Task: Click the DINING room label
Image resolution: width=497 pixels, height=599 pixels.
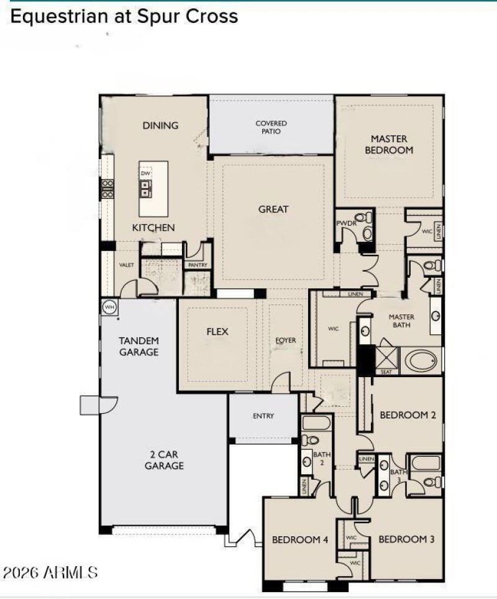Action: pyautogui.click(x=160, y=126)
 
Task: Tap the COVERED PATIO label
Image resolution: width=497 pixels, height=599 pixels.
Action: pyautogui.click(x=271, y=127)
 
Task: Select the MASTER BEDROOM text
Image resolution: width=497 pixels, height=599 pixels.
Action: pyautogui.click(x=389, y=144)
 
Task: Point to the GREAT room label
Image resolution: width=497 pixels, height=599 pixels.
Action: pyautogui.click(x=273, y=209)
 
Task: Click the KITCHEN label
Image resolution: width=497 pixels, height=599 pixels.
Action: pyautogui.click(x=153, y=228)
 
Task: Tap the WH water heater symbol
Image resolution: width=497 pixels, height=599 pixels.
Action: pyautogui.click(x=109, y=307)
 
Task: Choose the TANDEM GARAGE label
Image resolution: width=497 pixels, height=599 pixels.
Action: pyautogui.click(x=139, y=346)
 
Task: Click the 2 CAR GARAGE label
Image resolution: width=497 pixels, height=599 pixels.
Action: pyautogui.click(x=164, y=459)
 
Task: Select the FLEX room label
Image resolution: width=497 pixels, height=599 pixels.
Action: pyautogui.click(x=217, y=332)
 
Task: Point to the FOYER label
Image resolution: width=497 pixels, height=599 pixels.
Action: pyautogui.click(x=286, y=341)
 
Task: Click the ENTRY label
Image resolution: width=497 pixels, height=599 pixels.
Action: pyautogui.click(x=263, y=416)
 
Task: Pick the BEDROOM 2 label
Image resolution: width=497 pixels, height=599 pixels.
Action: pyautogui.click(x=408, y=415)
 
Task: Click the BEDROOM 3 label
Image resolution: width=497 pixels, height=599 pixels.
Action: pyautogui.click(x=406, y=539)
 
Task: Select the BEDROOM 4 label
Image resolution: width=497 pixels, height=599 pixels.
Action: pyautogui.click(x=300, y=540)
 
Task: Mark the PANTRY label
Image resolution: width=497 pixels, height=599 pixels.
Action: pyautogui.click(x=197, y=265)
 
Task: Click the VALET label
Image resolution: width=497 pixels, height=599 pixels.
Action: pyautogui.click(x=126, y=265)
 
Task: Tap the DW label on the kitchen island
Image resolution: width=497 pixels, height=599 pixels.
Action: pyautogui.click(x=145, y=174)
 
